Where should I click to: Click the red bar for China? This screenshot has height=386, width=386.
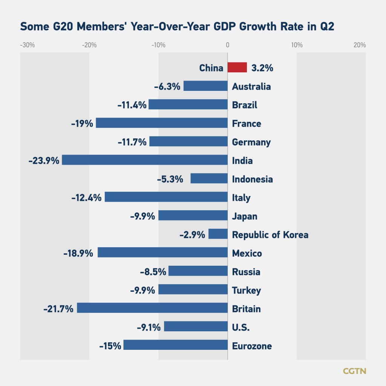[x=237, y=68]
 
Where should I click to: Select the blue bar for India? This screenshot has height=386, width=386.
[x=145, y=160]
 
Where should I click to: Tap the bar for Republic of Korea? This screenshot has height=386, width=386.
[x=218, y=234]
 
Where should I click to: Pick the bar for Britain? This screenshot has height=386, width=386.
[x=152, y=308]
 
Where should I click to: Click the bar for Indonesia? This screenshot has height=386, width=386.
[x=209, y=179]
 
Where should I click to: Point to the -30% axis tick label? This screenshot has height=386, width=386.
[x=27, y=45]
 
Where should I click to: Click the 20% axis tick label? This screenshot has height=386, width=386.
[x=360, y=45]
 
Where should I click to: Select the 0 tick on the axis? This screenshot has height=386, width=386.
[x=227, y=45]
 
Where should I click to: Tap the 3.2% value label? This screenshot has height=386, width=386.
[x=262, y=68]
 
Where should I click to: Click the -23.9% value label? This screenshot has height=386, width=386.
[x=44, y=161]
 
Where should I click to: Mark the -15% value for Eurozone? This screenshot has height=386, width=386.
[x=110, y=346]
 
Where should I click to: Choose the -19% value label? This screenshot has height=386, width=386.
[x=82, y=123]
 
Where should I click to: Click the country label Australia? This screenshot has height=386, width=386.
[x=251, y=87]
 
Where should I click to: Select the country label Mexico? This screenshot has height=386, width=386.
[x=247, y=253]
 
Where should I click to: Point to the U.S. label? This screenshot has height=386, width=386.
[x=241, y=328]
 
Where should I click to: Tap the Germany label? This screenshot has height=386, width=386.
[x=251, y=142]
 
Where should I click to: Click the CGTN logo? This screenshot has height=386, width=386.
[x=354, y=371]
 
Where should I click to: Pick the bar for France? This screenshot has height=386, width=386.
[x=162, y=123]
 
